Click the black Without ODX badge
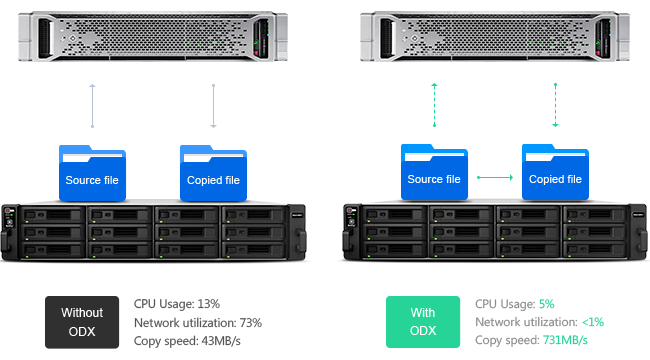tap(82, 322)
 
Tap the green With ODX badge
tap(423, 322)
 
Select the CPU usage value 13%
tap(209, 304)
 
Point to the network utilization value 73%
tap(250, 323)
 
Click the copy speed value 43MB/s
tap(221, 341)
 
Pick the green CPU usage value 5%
tap(546, 304)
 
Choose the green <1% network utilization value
tap(593, 322)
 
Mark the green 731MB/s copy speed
tap(565, 340)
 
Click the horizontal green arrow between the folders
tap(495, 178)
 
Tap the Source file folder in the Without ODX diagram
tap(92, 173)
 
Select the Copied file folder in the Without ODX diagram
tap(213, 173)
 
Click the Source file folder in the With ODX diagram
tap(434, 172)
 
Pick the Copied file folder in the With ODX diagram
tap(555, 172)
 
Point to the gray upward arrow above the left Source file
tap(92, 106)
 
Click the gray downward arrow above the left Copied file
tap(213, 106)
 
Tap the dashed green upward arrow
tap(434, 105)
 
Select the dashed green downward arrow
tap(555, 105)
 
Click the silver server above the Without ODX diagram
tap(153, 36)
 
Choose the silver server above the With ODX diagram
tap(495, 36)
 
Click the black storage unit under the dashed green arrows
tap(495, 232)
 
